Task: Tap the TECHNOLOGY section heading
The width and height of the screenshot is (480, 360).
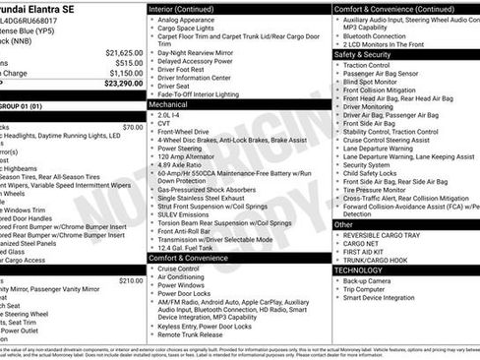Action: tap(359, 269)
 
